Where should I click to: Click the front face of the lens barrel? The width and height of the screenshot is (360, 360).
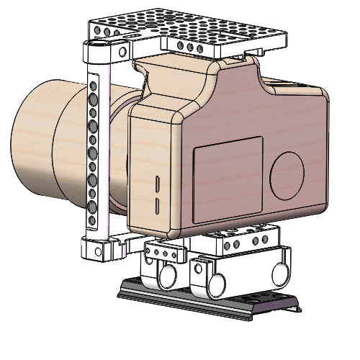coord(29,144)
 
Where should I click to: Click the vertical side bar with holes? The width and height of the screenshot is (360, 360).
coord(92,151)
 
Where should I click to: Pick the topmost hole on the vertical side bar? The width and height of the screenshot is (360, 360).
coord(92,85)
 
